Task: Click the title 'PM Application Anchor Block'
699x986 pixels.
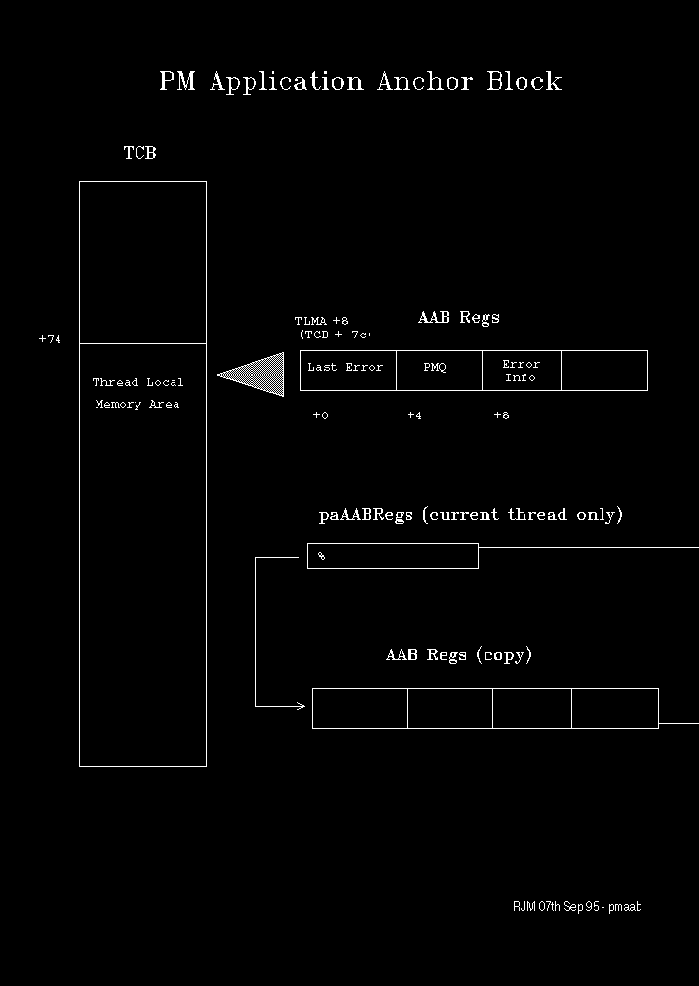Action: [360, 81]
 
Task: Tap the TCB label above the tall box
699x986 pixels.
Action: [139, 153]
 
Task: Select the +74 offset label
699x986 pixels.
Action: [50, 339]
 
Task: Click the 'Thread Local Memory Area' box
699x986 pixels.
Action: [142, 398]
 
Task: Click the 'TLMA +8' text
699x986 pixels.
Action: [322, 321]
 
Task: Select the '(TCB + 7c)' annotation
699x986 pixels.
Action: [335, 335]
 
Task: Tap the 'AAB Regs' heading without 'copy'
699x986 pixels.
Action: [458, 318]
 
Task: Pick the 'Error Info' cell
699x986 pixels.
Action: [521, 371]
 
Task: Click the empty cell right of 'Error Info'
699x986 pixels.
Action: [604, 371]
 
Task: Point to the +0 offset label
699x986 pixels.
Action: [320, 415]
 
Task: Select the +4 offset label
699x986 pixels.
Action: [414, 415]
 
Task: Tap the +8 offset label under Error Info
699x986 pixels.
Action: [501, 415]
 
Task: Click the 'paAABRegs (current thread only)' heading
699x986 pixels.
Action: [470, 515]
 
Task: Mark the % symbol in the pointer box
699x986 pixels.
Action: [321, 556]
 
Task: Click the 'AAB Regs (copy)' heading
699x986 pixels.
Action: [459, 655]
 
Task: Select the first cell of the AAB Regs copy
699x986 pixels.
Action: [359, 707]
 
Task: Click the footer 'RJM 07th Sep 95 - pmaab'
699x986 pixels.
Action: [577, 907]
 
